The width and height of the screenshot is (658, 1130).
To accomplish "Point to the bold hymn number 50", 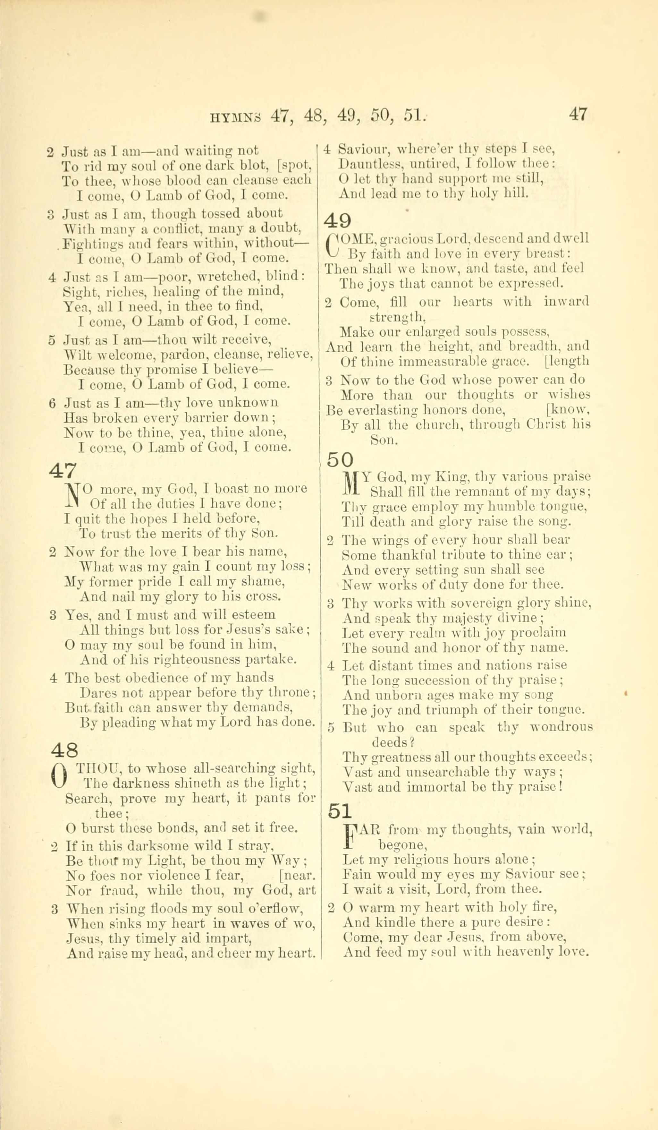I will (x=340, y=460).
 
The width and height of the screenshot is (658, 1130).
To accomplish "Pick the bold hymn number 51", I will (x=340, y=811).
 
